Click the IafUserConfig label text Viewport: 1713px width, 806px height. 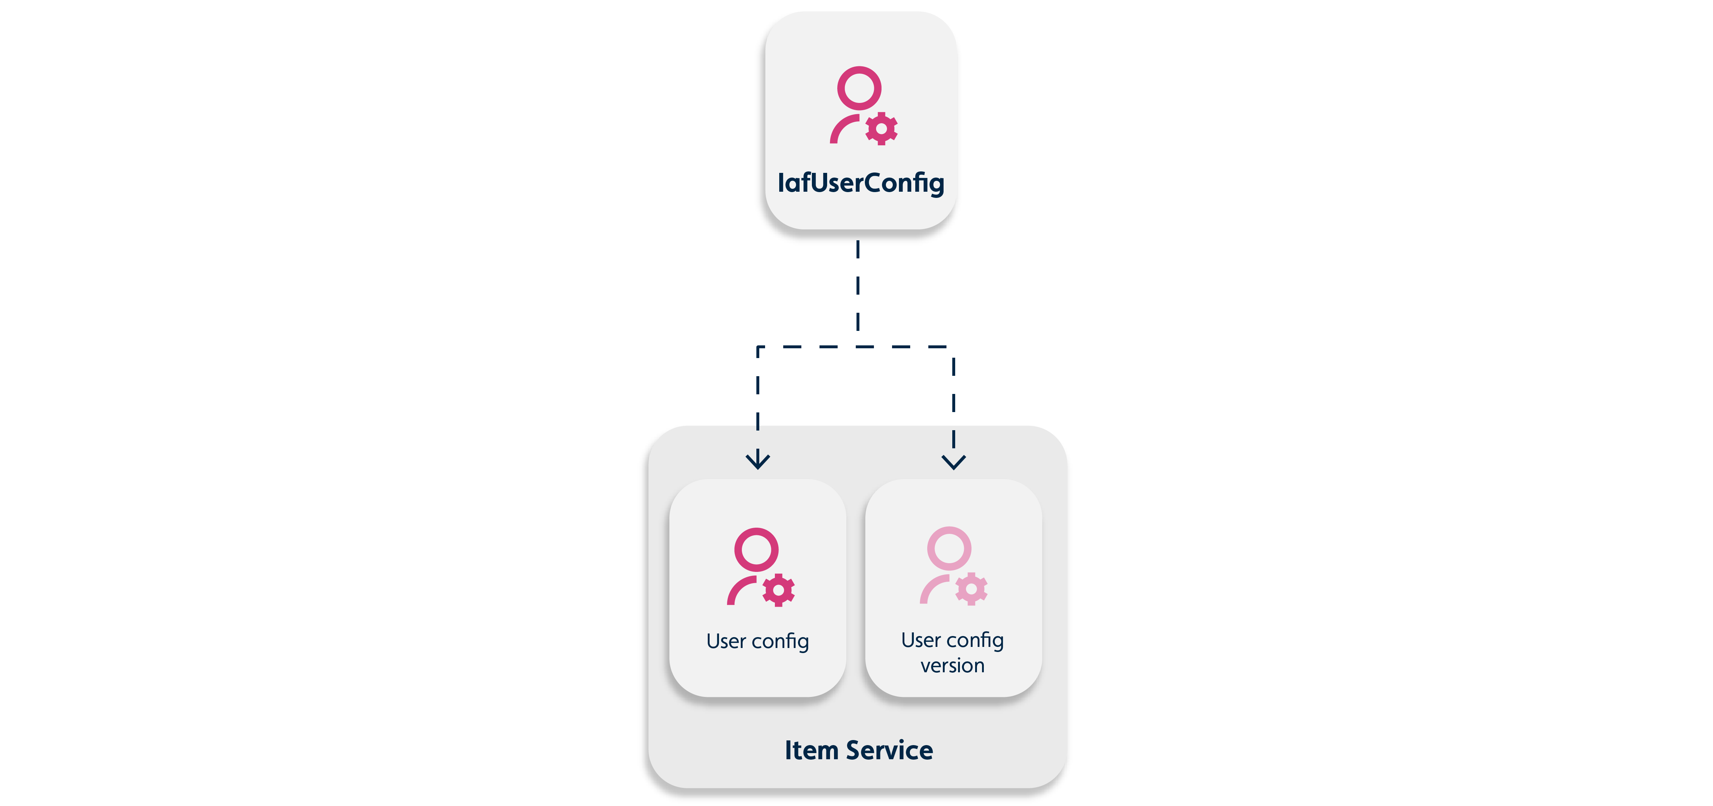click(x=860, y=183)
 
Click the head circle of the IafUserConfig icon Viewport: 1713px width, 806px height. click(x=859, y=88)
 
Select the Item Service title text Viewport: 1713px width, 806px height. click(x=858, y=750)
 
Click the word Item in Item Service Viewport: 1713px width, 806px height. click(x=811, y=750)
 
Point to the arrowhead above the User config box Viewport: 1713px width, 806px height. click(x=757, y=460)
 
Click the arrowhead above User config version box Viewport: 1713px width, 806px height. click(x=954, y=461)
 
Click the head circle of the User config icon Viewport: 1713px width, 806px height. click(x=756, y=549)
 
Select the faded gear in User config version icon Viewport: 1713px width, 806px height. click(x=971, y=589)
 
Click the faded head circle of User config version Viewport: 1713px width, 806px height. click(x=949, y=548)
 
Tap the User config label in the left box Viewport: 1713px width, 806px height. click(x=757, y=641)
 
